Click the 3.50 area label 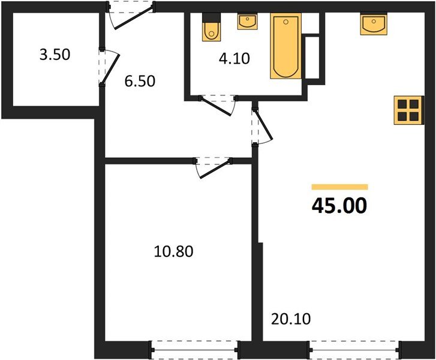pos(55,55)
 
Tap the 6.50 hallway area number pos(140,80)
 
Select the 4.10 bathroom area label pos(233,59)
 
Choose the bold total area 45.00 pos(339,206)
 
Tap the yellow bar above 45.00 pos(339,187)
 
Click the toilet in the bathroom pos(212,28)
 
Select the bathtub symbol pos(285,47)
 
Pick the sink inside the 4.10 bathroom pos(247,22)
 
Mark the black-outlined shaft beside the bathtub pos(312,57)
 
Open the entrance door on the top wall pos(131,15)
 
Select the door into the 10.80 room pos(212,167)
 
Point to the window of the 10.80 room pos(195,349)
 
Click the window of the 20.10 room pos(355,349)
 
